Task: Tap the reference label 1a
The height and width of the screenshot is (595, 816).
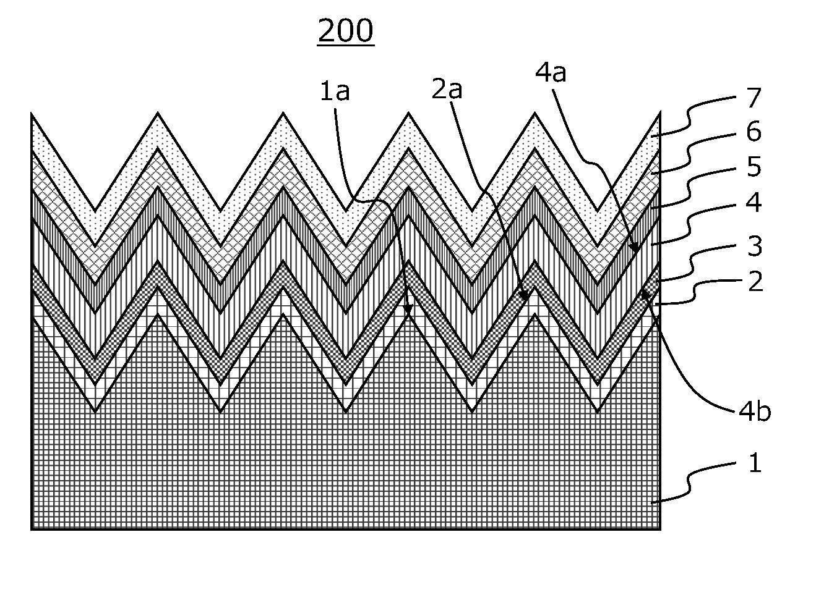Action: tap(335, 91)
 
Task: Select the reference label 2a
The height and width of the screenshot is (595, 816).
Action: tap(447, 89)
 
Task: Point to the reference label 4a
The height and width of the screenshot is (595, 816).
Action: tap(551, 73)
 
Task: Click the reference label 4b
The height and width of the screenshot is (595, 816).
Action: tap(755, 412)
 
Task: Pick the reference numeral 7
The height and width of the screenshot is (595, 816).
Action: tap(754, 98)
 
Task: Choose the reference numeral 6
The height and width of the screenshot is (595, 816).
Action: tap(754, 132)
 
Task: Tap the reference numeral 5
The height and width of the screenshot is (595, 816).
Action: tap(754, 167)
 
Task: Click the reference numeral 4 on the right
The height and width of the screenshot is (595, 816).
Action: tap(754, 202)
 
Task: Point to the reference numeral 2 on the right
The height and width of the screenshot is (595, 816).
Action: tap(755, 281)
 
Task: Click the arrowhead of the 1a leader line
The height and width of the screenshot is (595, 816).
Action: tap(408, 310)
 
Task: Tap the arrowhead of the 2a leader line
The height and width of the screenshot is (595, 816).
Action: tap(525, 296)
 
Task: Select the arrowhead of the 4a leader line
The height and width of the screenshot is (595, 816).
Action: tap(634, 248)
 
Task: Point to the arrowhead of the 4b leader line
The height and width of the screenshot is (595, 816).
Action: tap(645, 293)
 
